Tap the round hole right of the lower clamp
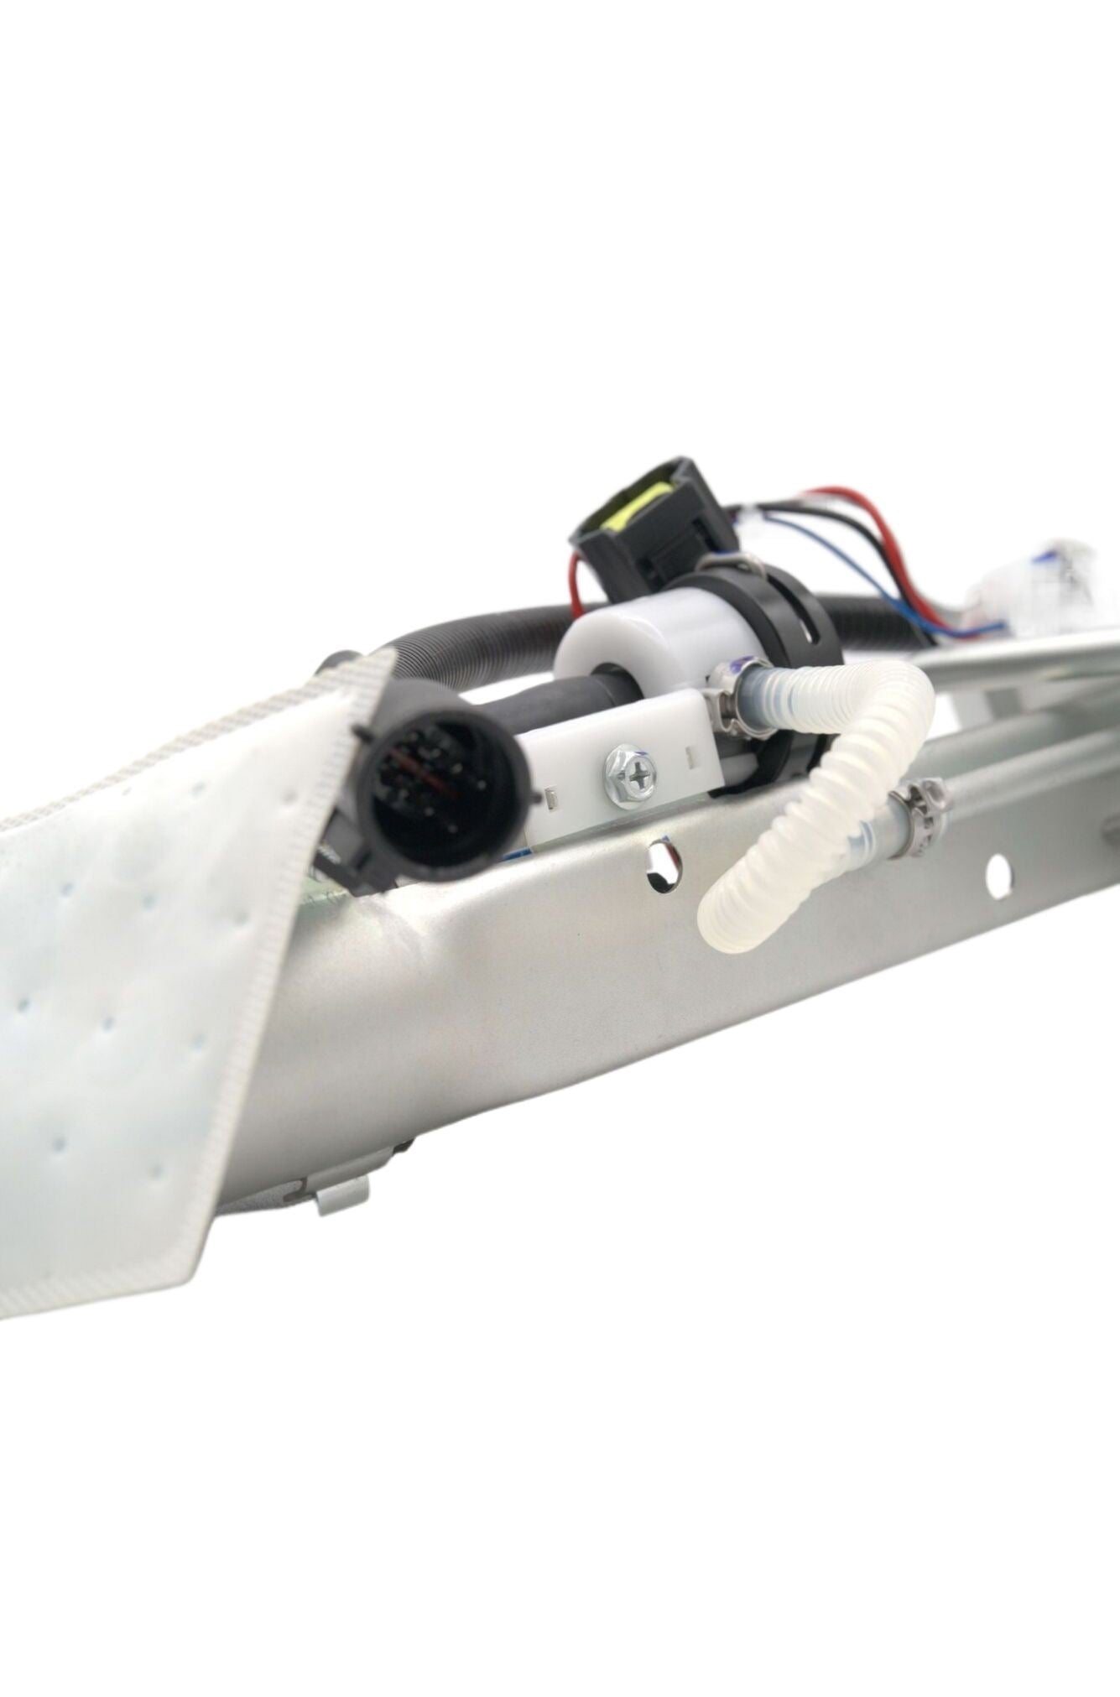tap(998, 872)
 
